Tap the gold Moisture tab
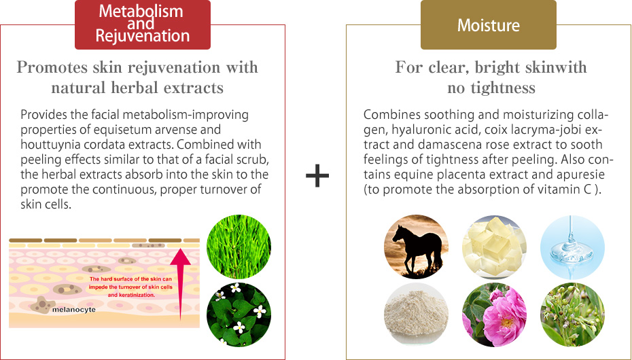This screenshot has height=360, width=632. (488, 26)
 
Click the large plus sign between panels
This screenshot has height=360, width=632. (317, 177)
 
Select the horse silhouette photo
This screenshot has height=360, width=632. (416, 247)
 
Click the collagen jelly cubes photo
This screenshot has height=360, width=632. (494, 247)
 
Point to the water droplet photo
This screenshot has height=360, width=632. (572, 247)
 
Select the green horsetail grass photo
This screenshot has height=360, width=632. (238, 247)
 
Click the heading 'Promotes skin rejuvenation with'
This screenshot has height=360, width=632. (137, 67)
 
